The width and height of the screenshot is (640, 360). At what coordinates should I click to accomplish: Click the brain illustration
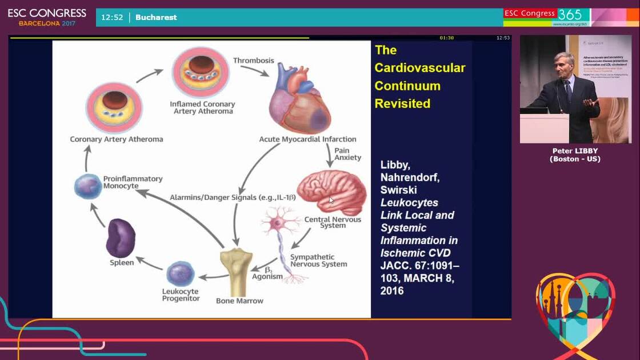pyautogui.click(x=332, y=191)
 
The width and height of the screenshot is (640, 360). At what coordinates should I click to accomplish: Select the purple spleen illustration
pyautogui.click(x=121, y=238)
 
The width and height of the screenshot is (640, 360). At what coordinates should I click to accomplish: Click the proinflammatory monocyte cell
pyautogui.click(x=88, y=187)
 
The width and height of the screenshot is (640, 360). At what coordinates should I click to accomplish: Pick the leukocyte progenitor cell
pyautogui.click(x=180, y=273)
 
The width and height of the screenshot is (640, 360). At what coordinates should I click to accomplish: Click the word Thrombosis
pyautogui.click(x=253, y=61)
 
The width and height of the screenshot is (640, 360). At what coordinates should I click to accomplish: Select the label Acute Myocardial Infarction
pyautogui.click(x=307, y=139)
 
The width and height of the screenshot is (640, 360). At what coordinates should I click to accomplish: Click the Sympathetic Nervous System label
pyautogui.click(x=318, y=261)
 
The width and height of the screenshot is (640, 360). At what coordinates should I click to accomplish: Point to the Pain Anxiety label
pyautogui.click(x=347, y=154)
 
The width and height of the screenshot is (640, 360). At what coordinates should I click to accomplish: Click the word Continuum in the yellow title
pyautogui.click(x=407, y=86)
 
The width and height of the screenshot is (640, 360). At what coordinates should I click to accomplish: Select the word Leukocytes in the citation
pyautogui.click(x=409, y=202)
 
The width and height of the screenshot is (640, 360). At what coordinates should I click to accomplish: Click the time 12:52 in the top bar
pyautogui.click(x=112, y=17)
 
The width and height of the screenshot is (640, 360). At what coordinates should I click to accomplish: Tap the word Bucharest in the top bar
pyautogui.click(x=156, y=17)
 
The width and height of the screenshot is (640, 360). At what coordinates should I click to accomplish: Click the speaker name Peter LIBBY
pyautogui.click(x=575, y=151)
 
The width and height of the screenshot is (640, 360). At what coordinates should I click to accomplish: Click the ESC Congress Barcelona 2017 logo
pyautogui.click(x=47, y=17)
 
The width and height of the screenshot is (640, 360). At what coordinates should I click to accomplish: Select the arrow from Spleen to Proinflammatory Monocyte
pyautogui.click(x=98, y=215)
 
